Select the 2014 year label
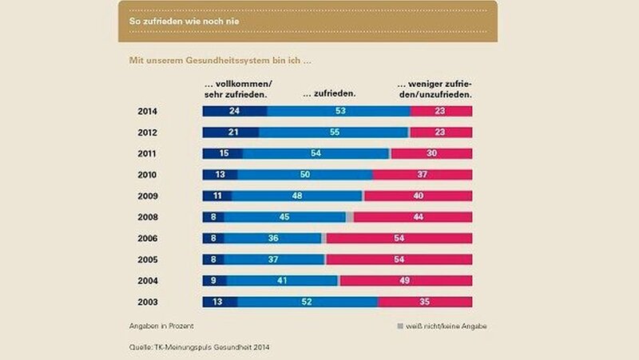[147, 112]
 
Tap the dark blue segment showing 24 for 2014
[234, 112]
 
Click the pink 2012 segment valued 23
[441, 133]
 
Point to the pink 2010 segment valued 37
[423, 175]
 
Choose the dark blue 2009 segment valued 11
[217, 196]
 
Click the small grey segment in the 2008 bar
[350, 217]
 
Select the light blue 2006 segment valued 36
[273, 238]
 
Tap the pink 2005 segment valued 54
[399, 259]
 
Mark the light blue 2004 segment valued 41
[282, 280]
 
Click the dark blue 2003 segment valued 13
[220, 302]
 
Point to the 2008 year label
[147, 217]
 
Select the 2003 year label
[147, 302]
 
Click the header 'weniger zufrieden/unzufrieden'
[435, 89]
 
